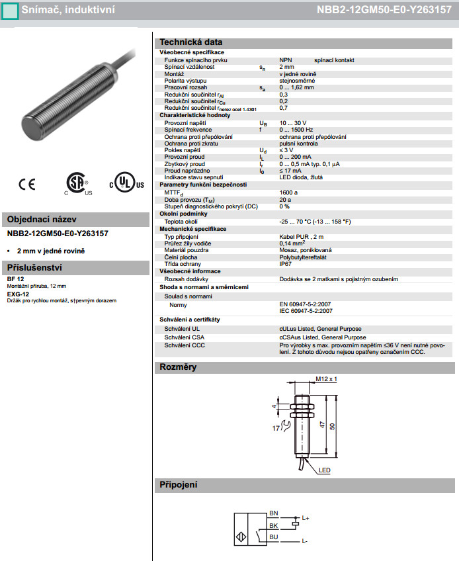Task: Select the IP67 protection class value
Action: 286,264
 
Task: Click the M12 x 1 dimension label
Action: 326,378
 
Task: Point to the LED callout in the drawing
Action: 324,470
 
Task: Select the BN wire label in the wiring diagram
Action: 274,513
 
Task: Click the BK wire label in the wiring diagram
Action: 274,525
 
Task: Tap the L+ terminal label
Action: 306,517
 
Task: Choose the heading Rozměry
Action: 178,367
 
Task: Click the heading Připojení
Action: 179,485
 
